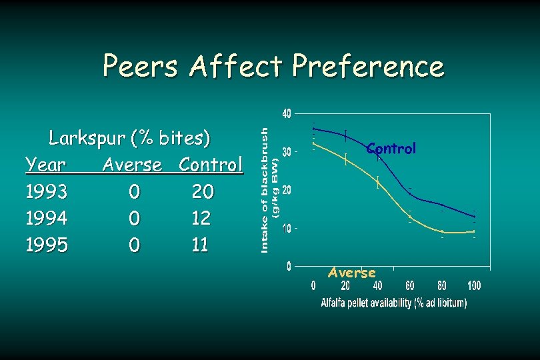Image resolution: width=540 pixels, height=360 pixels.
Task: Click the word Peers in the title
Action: (x=141, y=67)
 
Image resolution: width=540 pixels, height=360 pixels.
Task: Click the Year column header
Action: (x=45, y=165)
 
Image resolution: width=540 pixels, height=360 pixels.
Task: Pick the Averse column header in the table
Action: (x=132, y=165)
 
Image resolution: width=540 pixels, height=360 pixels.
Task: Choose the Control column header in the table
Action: (x=211, y=165)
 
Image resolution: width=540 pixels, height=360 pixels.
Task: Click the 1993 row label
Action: (x=46, y=192)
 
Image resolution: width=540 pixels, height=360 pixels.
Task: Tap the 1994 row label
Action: (x=46, y=218)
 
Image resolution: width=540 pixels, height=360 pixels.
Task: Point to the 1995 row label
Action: (x=46, y=245)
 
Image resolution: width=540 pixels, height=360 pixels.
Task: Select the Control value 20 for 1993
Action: (x=203, y=192)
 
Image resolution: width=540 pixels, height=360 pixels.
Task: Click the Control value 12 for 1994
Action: (x=201, y=218)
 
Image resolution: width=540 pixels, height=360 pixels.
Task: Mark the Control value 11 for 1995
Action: (x=200, y=245)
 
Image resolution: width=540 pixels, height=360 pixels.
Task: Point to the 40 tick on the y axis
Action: (x=286, y=114)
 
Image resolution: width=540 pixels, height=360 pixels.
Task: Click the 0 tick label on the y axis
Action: (x=289, y=267)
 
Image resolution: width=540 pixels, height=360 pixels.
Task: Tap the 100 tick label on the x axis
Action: (x=473, y=287)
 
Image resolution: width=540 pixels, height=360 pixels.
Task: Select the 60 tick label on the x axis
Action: (x=409, y=287)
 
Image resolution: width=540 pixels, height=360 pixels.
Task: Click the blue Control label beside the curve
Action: (x=391, y=149)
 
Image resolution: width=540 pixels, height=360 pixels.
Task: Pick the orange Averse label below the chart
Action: (x=352, y=273)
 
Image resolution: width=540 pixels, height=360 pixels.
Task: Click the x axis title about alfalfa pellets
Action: (x=393, y=303)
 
